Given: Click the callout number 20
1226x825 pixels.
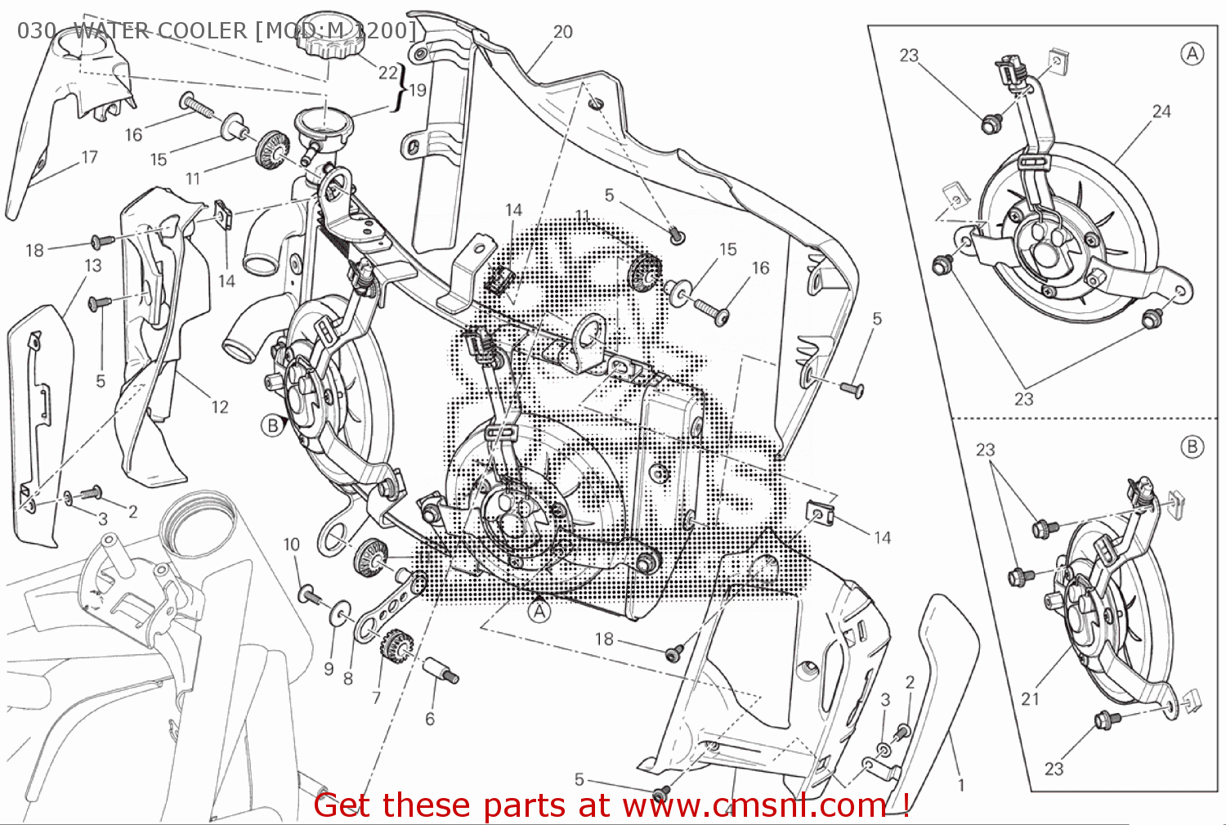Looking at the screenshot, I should (562, 32).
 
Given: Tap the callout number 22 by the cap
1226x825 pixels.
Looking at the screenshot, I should (387, 73).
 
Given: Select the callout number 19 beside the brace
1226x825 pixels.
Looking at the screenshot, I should (418, 90).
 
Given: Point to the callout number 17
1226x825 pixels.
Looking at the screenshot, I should (89, 157).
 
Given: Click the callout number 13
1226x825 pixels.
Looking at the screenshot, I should (92, 266).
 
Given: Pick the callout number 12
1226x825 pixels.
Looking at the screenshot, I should (219, 406).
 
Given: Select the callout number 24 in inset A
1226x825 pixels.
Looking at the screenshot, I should (1161, 111).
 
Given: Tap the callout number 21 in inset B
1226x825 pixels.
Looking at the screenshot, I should (1030, 698).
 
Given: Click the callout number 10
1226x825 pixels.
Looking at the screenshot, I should (292, 545).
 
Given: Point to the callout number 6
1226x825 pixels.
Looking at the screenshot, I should (430, 719).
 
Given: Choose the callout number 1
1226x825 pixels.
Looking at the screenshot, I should (961, 785).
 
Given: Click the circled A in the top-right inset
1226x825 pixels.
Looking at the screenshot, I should (1192, 54).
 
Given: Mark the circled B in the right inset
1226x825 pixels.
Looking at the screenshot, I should (1192, 446).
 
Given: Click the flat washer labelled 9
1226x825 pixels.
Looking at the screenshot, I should (340, 613).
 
